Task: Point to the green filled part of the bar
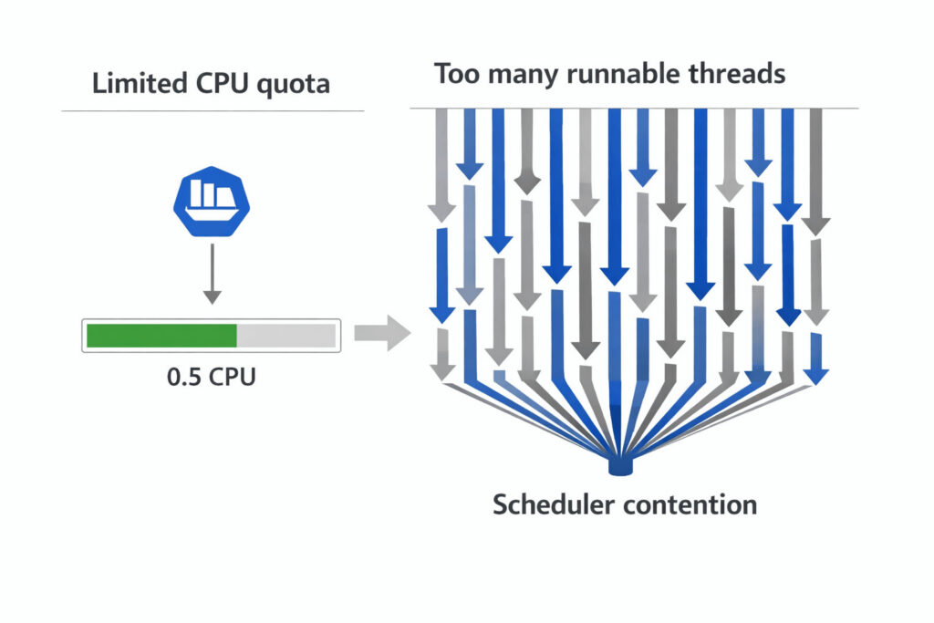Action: pyautogui.click(x=161, y=336)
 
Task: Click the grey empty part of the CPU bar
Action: pyautogui.click(x=286, y=336)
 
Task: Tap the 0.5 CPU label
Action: pyautogui.click(x=212, y=376)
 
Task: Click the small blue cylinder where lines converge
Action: pyautogui.click(x=620, y=467)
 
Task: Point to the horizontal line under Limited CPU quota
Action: pyautogui.click(x=212, y=111)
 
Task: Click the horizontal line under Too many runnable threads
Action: pyautogui.click(x=634, y=108)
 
